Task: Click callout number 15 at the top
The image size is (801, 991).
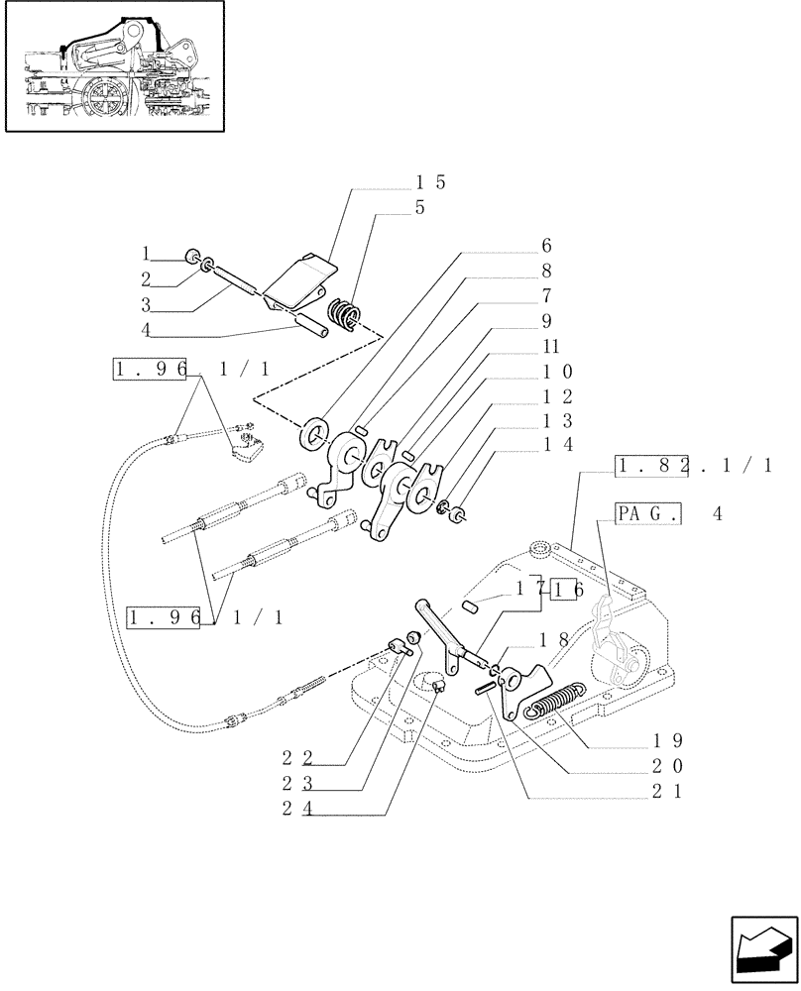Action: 430,183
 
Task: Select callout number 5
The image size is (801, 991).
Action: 421,209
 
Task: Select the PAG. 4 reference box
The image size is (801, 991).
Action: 659,514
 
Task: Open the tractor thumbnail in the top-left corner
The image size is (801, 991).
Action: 113,67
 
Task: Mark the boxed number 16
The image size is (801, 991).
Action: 567,589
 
